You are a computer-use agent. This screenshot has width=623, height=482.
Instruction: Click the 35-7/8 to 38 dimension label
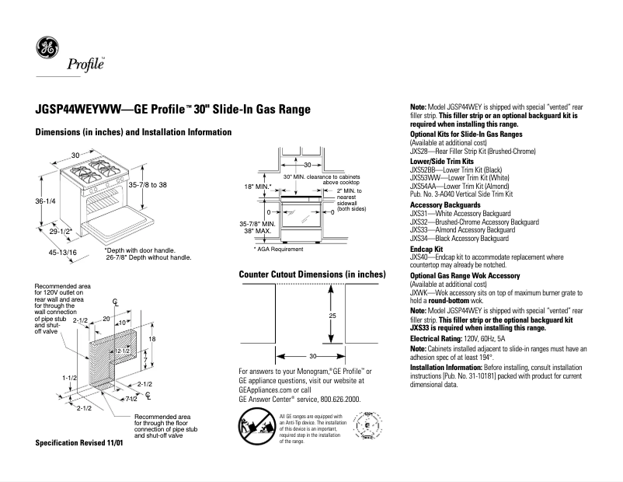pos(148,184)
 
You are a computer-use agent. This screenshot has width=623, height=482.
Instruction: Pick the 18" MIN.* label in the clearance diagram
pos(256,187)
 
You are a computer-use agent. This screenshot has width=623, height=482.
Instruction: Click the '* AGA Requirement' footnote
pos(278,249)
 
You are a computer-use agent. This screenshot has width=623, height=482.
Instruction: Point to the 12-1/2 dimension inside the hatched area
pos(121,352)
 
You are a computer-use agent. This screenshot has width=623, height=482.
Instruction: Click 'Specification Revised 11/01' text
pos(80,442)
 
